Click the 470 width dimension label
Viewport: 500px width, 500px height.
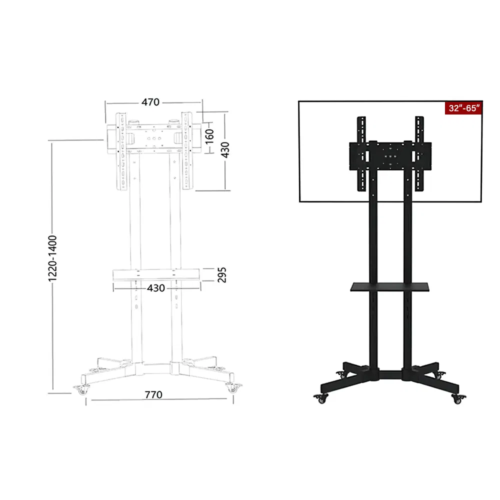point(150,102)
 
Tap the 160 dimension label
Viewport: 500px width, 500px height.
point(210,134)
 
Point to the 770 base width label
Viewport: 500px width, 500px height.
point(153,394)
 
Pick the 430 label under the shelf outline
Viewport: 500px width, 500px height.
point(157,288)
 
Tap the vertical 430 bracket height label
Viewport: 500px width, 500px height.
point(225,149)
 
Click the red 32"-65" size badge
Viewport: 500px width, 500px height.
point(463,107)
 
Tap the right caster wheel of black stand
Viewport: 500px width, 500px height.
point(456,398)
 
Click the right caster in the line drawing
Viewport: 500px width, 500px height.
point(233,387)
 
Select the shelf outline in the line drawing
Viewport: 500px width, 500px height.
point(156,274)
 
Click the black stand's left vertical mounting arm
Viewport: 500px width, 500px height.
point(361,153)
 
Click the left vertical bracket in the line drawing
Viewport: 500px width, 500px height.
point(121,150)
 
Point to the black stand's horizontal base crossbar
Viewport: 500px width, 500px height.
point(390,373)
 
